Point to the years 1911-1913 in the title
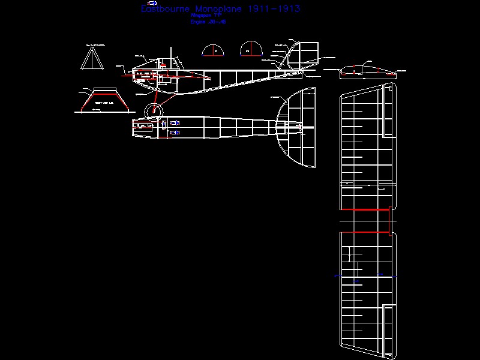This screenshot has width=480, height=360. point(274,9)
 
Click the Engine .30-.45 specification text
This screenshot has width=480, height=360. point(204,22)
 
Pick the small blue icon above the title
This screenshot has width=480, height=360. point(152,3)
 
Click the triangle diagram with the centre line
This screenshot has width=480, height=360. point(92,58)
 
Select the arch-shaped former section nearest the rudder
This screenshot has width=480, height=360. point(251,50)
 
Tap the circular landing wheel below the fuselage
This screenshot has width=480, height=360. point(154,110)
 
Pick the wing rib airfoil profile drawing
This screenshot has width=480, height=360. point(367,71)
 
